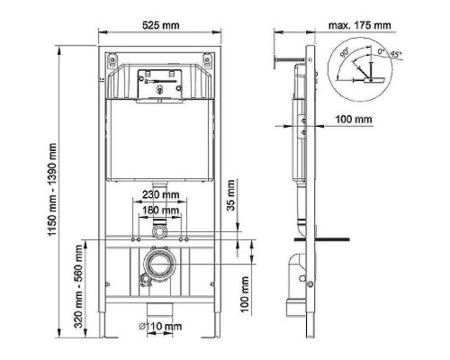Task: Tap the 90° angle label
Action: pyautogui.click(x=343, y=55)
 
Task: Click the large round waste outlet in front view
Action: pyautogui.click(x=159, y=266)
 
